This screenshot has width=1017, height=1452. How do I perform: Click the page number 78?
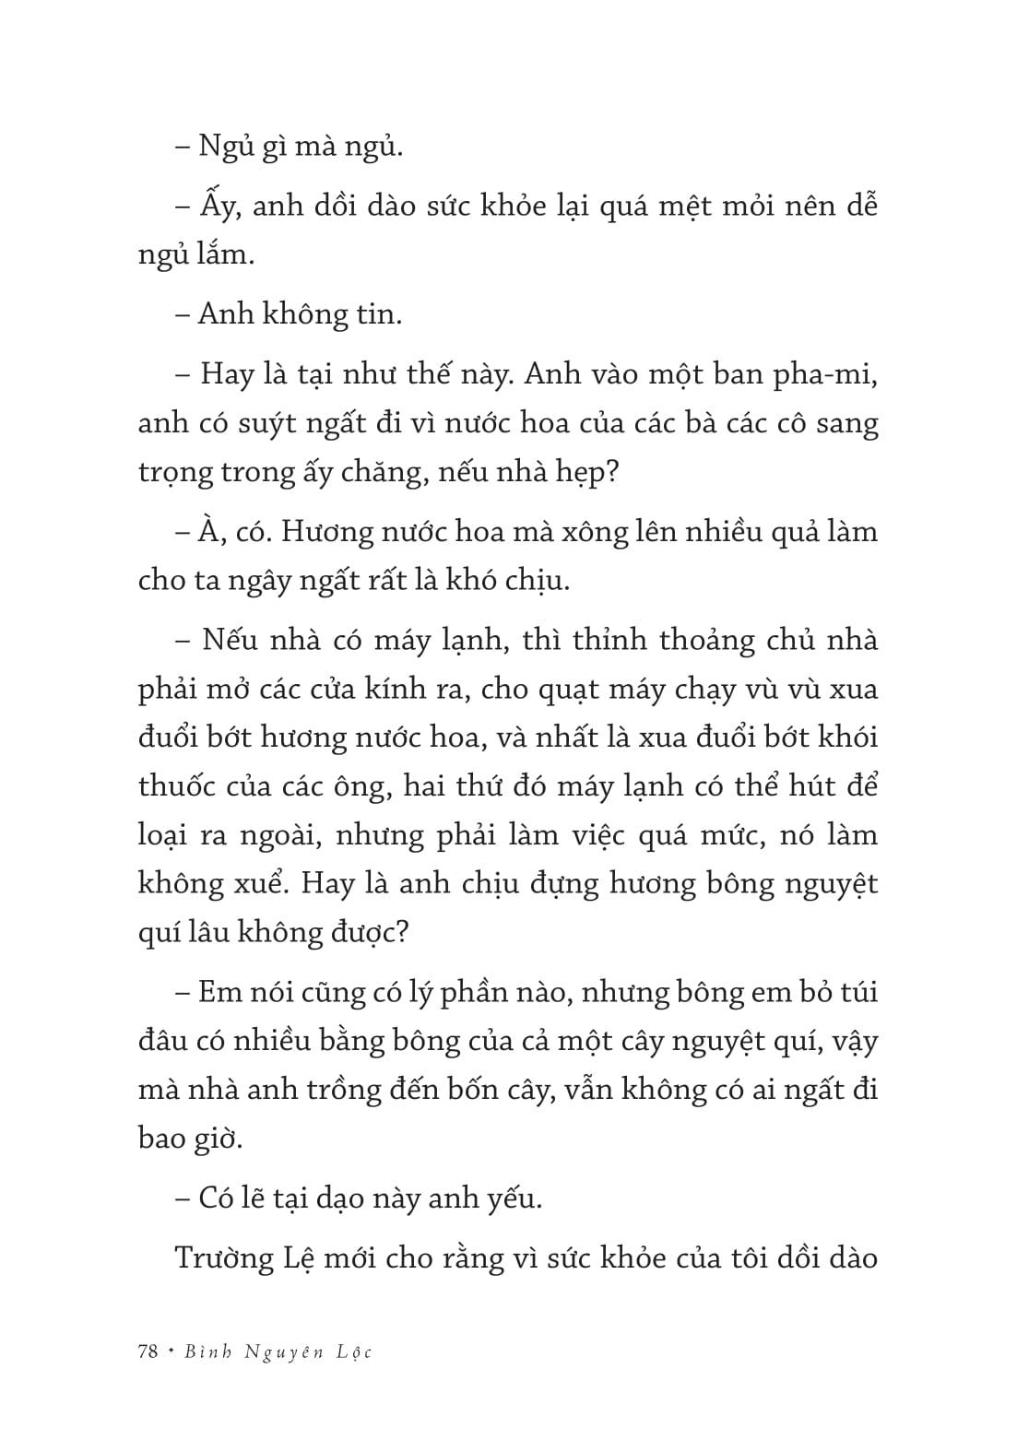(x=148, y=1352)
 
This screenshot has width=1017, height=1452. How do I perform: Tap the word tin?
(x=378, y=314)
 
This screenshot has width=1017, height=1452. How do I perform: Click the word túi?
(x=856, y=992)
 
